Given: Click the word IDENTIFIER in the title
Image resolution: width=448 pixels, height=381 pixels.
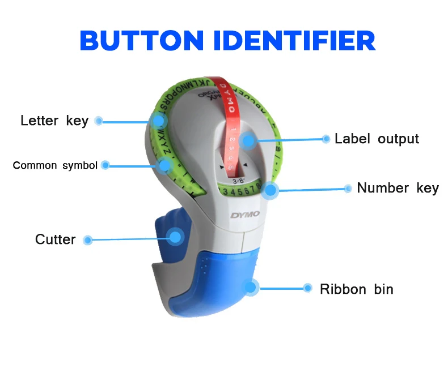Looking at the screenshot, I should tap(301, 40).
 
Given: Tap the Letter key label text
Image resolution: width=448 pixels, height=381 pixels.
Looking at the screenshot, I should tap(54, 121).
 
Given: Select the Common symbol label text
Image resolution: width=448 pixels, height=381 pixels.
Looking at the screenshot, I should tap(55, 165).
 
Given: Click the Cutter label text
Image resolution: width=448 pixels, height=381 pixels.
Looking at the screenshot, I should tap(55, 239).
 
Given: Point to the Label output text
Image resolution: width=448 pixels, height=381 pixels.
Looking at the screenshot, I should tap(377, 139).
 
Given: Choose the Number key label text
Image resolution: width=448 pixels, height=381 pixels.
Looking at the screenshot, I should tap(398, 188).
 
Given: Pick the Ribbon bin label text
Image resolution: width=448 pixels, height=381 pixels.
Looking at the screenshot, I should tap(356, 289).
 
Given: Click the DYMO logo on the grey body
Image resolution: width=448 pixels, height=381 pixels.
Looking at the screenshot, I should tap(244, 215).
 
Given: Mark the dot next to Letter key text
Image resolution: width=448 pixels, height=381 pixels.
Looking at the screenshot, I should tap(99, 121).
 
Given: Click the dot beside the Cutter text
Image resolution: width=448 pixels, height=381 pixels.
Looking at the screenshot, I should tap(87, 240).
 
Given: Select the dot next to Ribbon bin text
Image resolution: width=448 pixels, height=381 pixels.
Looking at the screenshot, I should tap(307, 288).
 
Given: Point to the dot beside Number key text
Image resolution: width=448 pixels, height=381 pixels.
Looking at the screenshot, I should tap(348, 189).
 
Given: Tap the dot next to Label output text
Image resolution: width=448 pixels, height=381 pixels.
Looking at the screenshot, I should tap(326, 139).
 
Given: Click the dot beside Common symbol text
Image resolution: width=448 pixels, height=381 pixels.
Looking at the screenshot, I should tap(105, 165).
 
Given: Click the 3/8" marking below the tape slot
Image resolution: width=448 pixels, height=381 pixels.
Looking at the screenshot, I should tap(239, 181).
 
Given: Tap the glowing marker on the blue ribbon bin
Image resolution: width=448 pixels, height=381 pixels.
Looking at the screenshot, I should tap(251, 287).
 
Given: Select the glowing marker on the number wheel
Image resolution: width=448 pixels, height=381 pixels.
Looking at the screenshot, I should tap(270, 190).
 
